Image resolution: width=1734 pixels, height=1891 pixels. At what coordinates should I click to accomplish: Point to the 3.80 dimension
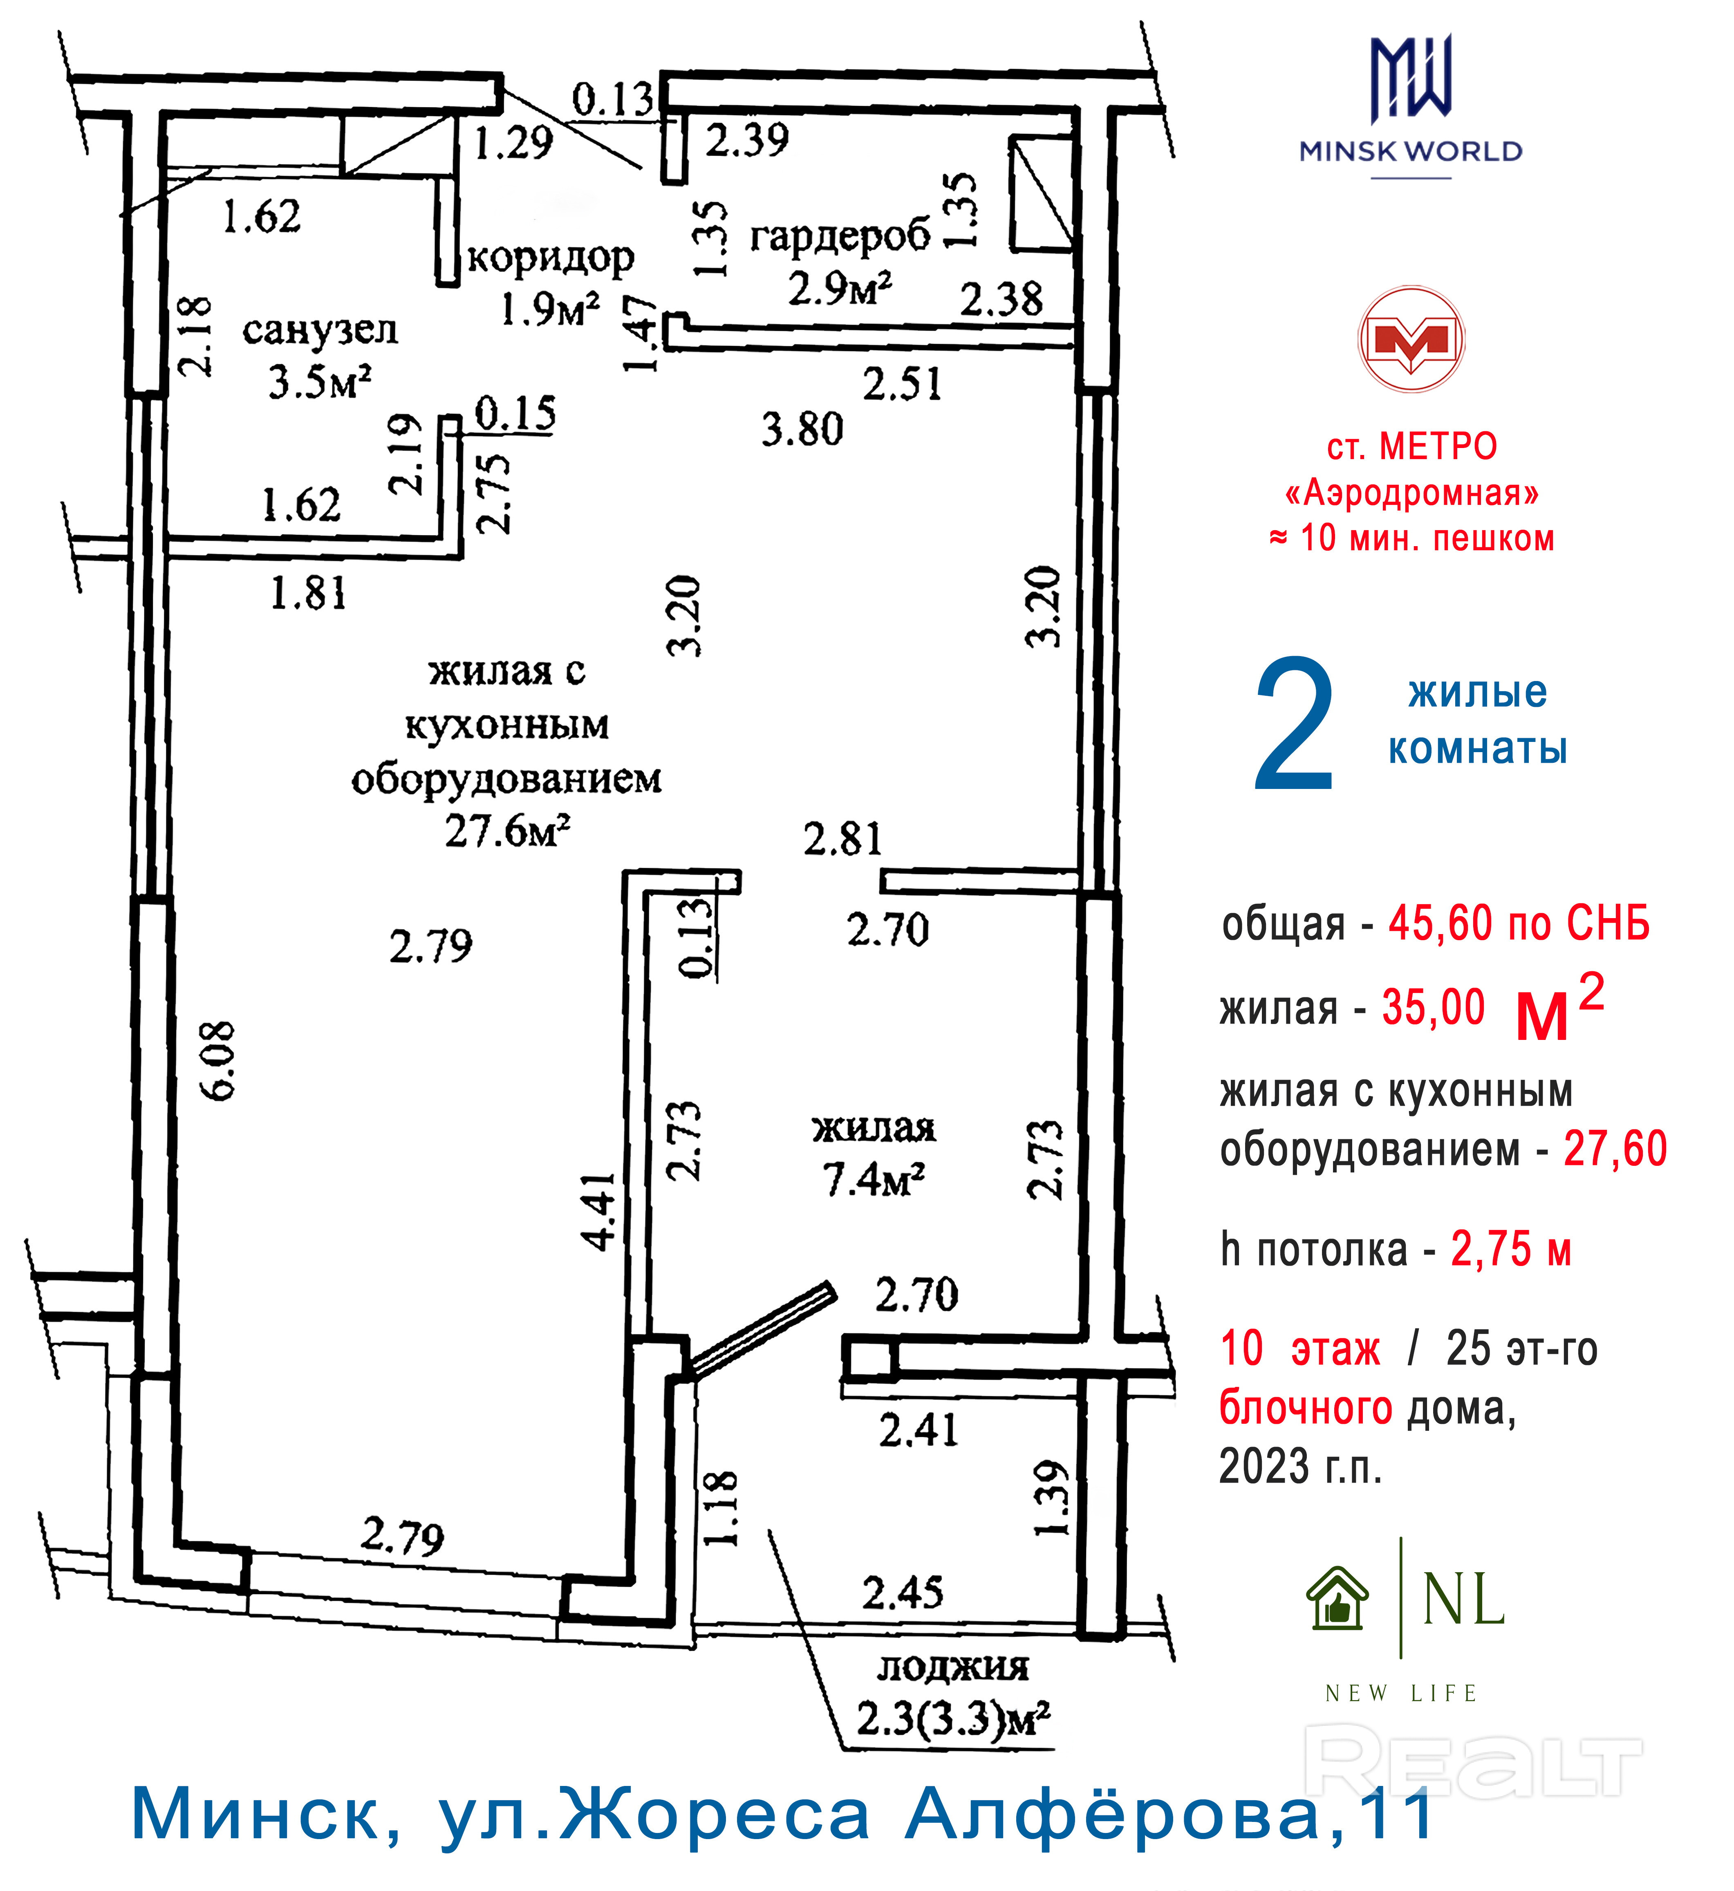tap(802, 430)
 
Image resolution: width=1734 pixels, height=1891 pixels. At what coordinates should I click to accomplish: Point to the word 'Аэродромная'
tap(1412, 493)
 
